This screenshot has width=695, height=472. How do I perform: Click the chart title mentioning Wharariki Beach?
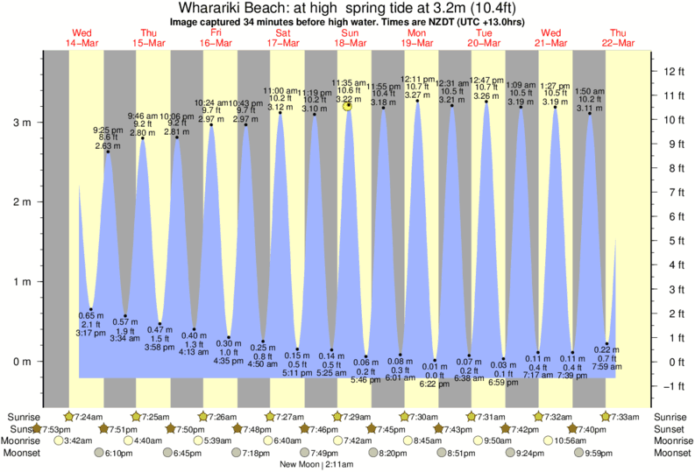pyautogui.click(x=347, y=9)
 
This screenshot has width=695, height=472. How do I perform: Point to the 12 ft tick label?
pyautogui.click(x=673, y=71)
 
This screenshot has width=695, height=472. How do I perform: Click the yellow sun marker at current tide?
pyautogui.click(x=348, y=105)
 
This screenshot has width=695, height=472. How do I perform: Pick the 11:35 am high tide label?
pyautogui.click(x=348, y=82)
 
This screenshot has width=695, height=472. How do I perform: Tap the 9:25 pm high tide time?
pyautogui.click(x=108, y=130)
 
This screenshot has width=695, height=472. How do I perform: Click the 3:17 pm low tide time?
pyautogui.click(x=91, y=333)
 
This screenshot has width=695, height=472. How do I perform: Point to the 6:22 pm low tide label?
pyautogui.click(x=429, y=384)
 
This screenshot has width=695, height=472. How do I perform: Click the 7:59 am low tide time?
pyautogui.click(x=606, y=367)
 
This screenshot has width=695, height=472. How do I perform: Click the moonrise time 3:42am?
pyautogui.click(x=80, y=440)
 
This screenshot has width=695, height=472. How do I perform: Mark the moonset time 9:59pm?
pyautogui.click(x=624, y=453)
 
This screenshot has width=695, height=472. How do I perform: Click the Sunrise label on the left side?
pyautogui.click(x=21, y=416)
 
